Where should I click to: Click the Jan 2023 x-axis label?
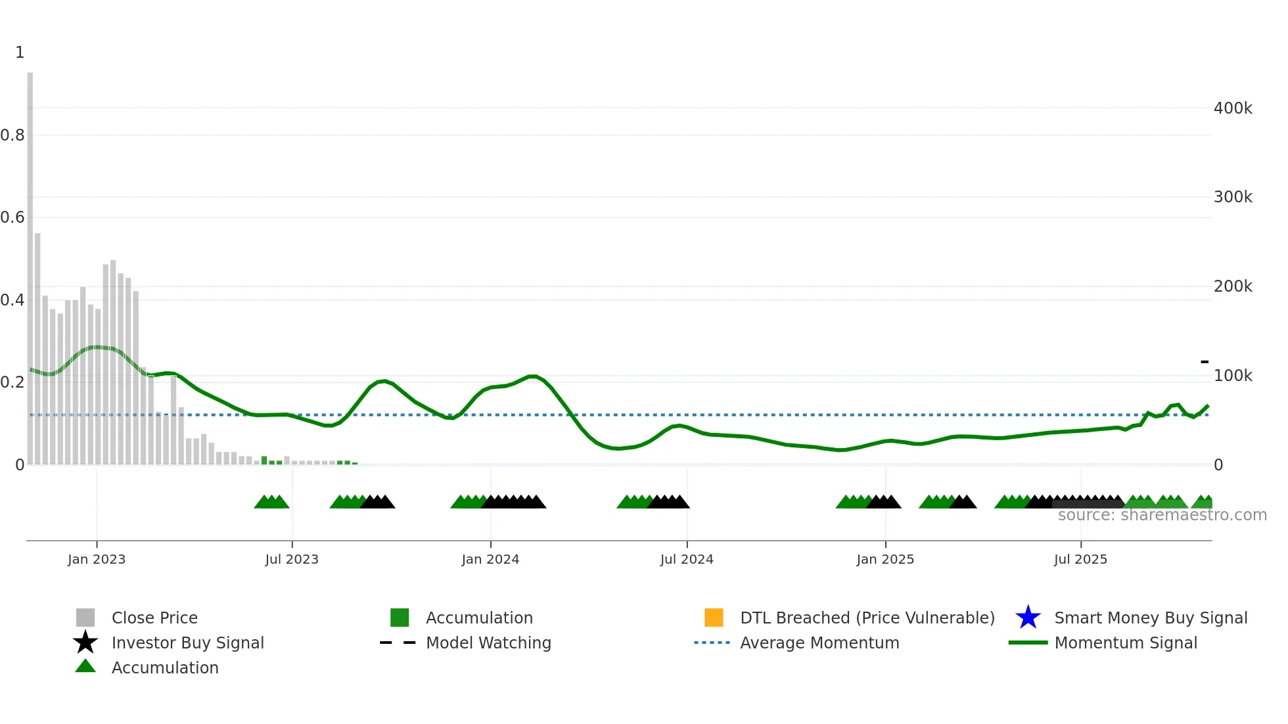97,559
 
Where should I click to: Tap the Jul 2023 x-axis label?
292,559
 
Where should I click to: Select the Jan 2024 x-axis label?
490,559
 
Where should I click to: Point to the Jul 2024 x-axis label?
687,559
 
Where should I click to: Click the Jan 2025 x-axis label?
885,559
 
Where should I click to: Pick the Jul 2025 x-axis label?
1080,559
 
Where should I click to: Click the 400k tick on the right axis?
1233,108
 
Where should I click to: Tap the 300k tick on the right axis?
1233,197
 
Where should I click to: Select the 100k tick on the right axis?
1233,376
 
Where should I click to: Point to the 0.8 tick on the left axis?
12,135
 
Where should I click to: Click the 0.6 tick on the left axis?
12,217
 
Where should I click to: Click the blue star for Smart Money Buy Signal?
1028,618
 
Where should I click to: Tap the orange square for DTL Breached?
714,618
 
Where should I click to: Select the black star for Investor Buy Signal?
85,643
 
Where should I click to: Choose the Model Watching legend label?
488,643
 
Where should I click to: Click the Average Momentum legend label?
819,643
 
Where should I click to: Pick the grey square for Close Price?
85,618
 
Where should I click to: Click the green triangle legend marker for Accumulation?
85,666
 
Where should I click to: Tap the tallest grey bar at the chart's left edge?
30,263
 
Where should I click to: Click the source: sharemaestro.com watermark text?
1162,515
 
